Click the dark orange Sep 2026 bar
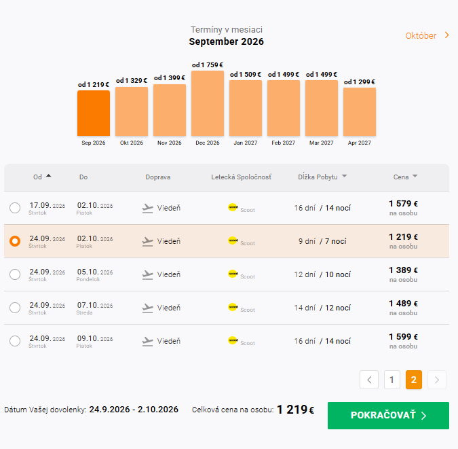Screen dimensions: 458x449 tap(94, 113)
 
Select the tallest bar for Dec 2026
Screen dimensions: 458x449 tap(208, 103)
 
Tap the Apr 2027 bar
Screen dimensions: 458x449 tap(359, 111)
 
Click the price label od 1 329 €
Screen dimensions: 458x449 tap(132, 80)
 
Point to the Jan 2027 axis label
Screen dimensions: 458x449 tap(246, 143)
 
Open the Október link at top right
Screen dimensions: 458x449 tap(427, 36)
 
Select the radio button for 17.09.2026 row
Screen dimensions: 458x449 tap(15, 208)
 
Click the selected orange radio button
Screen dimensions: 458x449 tap(15, 241)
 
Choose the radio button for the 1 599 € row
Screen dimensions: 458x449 tap(15, 341)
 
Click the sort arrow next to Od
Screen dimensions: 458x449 tap(48, 176)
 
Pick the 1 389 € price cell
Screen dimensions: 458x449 tap(403, 274)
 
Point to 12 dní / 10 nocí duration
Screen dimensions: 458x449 tap(322, 274)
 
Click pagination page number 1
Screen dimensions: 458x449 tap(392, 380)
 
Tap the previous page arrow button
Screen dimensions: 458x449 tap(369, 380)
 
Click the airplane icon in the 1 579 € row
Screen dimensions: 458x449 tap(147, 209)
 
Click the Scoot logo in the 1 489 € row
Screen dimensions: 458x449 tap(233, 307)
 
